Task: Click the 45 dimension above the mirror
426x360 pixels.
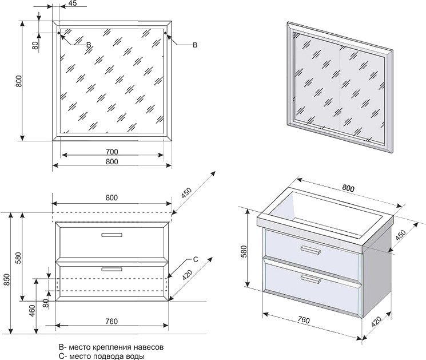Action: (73, 4)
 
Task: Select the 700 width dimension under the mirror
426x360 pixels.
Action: (112, 152)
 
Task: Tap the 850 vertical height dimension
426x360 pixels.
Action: (6, 280)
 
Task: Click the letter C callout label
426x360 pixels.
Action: (195, 260)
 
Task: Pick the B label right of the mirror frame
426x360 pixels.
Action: (195, 45)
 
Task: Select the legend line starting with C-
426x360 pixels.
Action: (102, 356)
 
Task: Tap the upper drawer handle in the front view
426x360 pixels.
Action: (112, 235)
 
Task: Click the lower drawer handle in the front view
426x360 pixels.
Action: (112, 268)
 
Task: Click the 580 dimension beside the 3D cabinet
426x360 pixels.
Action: (244, 251)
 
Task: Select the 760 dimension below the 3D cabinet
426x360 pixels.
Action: (302, 321)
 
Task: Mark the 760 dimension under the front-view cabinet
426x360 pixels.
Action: (112, 321)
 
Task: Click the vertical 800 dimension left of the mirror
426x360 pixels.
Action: (19, 81)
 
